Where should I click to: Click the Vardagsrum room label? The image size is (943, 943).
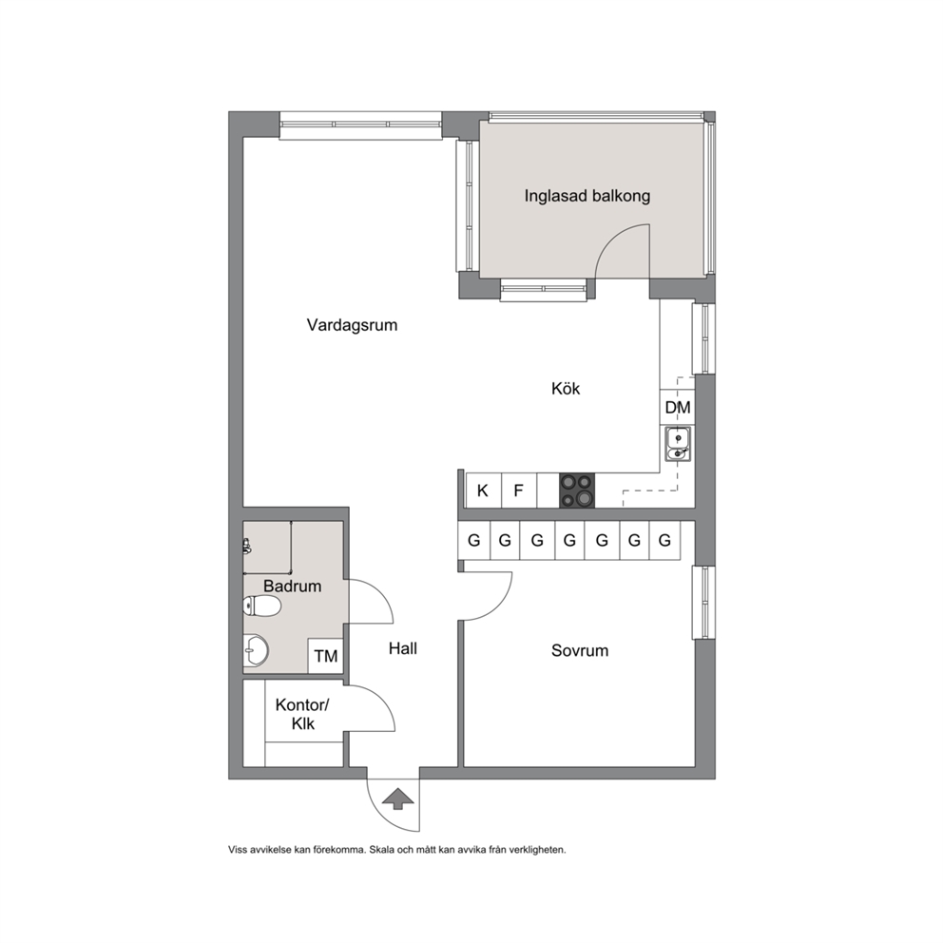coord(352,325)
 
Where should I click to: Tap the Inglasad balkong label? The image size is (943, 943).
coord(587,196)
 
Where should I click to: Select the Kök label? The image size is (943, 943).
coord(566,389)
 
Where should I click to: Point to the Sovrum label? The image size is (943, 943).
coord(580,650)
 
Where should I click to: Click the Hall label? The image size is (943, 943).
coord(402,648)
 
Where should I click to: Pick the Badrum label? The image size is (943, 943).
coord(292,586)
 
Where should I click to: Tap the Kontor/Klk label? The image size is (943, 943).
coord(302,714)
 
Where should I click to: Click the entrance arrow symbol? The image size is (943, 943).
coord(398,799)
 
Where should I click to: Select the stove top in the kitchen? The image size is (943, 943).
coord(577,491)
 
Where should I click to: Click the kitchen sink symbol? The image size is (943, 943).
coord(678,444)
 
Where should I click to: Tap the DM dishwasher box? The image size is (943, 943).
coord(677,408)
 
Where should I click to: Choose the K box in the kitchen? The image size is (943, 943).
coord(483,491)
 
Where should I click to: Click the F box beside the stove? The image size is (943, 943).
coord(518,491)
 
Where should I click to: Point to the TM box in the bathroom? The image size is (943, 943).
coord(325,656)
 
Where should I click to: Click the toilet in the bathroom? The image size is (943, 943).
coord(261,606)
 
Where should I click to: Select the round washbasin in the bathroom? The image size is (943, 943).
coord(257,650)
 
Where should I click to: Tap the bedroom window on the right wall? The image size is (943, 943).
coord(703,602)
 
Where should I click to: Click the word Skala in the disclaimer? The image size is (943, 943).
coord(380,850)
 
